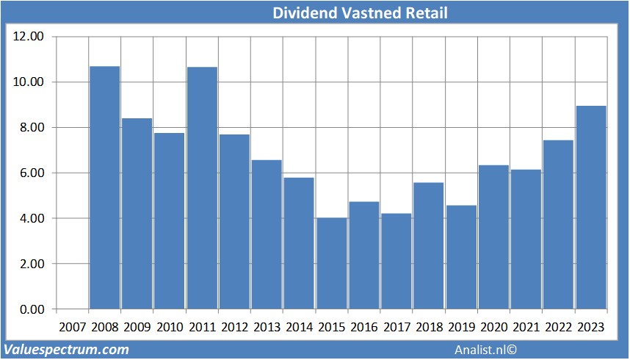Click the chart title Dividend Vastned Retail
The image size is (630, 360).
point(360,13)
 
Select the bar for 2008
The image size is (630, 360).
point(104,187)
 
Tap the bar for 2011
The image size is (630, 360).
point(202,187)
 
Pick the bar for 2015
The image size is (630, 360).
point(332,263)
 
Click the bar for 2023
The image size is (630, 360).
point(591,207)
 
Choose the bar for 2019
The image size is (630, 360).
point(461,257)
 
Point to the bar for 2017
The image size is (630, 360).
point(397,261)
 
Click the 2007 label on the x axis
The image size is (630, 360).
point(72,326)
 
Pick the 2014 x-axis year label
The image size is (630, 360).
point(300,326)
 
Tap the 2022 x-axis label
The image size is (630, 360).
point(559,326)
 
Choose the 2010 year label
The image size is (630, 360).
point(170,326)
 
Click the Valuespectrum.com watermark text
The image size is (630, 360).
point(67,349)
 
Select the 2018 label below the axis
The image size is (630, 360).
point(429,326)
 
